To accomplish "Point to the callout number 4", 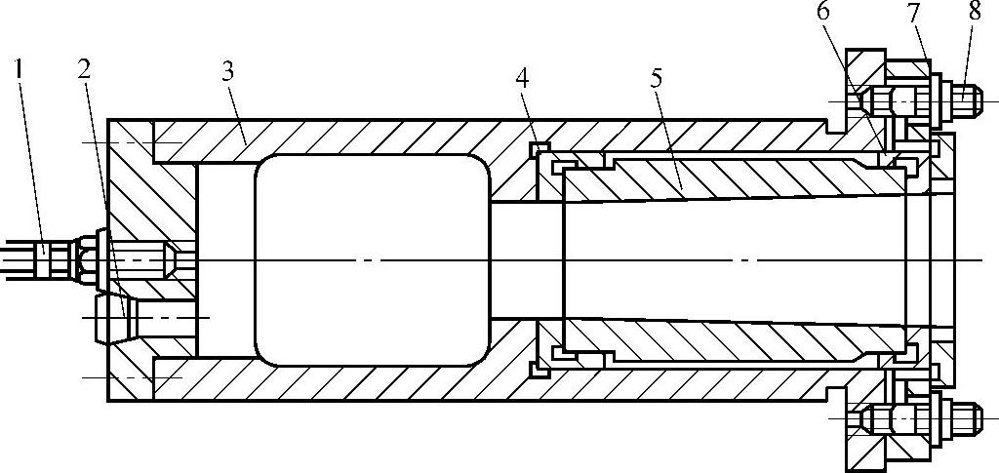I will [523, 79].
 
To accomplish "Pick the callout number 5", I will [656, 79].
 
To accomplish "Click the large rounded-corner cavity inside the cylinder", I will [372, 259].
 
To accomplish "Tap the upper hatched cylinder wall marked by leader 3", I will [390, 136].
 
